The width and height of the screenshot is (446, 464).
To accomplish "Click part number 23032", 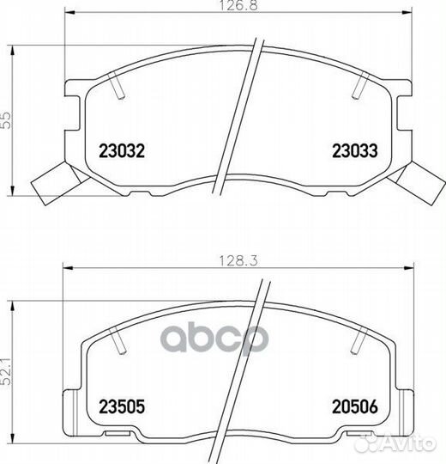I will click(x=121, y=150).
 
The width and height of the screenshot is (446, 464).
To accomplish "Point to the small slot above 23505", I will click(x=119, y=342).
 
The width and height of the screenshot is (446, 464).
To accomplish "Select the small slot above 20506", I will click(x=356, y=342).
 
